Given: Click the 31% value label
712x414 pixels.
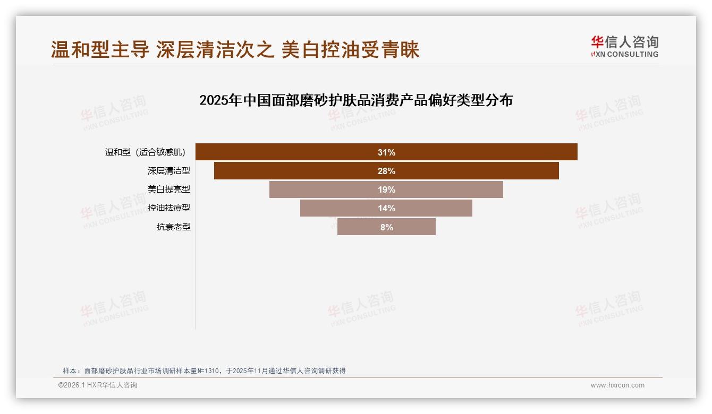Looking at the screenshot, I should point(386,152).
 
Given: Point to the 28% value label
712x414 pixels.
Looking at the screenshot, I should point(386,171).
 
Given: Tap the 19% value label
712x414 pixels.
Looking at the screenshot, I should point(386,189).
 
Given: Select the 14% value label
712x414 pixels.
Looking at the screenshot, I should point(386,208).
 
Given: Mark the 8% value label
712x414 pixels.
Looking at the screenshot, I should point(386,227).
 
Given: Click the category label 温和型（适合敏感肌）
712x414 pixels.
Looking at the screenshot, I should point(145,152).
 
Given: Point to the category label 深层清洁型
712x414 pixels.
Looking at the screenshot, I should point(168,171).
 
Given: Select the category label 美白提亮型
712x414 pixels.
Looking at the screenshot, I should point(168,189).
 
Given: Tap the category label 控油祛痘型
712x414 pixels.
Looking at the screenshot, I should point(168,208).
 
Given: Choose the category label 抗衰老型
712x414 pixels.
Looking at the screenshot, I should point(173,227).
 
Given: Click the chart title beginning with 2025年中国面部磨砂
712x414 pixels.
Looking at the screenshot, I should point(355,100).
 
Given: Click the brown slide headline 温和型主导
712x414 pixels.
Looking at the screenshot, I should point(235,49).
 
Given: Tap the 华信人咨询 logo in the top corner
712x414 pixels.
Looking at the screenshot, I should point(624,46).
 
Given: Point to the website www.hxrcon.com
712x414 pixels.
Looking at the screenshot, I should point(617,385).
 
